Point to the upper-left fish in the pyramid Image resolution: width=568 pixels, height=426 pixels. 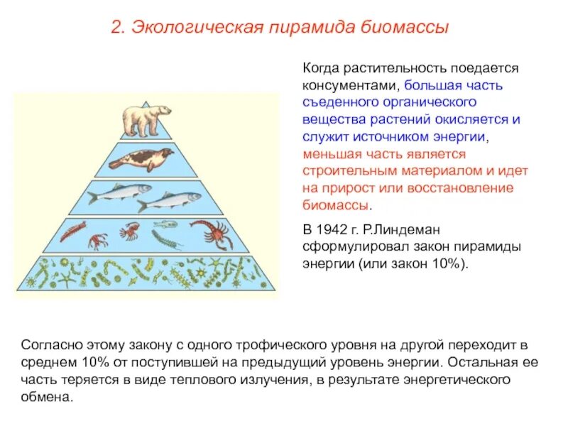121,191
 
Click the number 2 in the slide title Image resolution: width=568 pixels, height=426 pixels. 116,28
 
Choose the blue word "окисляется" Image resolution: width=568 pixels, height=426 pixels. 468,119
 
